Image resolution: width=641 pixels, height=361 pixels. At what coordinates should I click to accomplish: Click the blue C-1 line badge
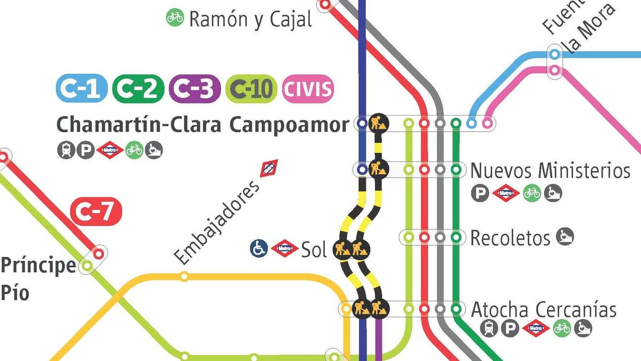(82, 89)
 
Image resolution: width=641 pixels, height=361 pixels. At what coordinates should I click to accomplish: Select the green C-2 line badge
(138, 89)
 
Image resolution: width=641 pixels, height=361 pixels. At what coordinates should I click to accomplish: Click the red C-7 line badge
(97, 213)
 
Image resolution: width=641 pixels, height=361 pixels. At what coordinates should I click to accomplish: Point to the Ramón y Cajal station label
(250, 19)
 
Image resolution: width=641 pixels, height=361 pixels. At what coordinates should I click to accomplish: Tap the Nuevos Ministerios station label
(550, 171)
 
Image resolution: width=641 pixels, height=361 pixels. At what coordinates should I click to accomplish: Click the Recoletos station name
(510, 237)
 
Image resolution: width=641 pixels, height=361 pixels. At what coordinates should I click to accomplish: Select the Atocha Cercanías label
(543, 309)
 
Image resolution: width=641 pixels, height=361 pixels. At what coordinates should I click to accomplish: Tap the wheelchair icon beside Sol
(259, 248)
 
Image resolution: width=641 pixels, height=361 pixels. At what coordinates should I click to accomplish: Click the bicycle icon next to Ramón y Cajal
(175, 18)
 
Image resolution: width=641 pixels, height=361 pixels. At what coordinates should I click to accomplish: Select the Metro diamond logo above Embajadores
(269, 168)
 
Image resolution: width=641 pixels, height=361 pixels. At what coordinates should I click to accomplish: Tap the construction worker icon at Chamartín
(379, 123)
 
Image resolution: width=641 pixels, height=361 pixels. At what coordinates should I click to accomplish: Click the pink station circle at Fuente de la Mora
(555, 70)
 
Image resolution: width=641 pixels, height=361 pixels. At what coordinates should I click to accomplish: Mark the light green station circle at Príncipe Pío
(86, 265)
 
